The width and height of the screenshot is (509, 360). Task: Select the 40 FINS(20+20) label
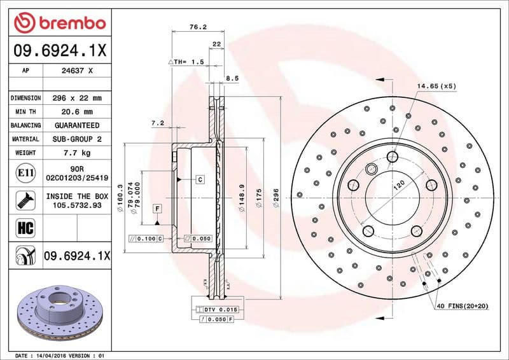point(462,307)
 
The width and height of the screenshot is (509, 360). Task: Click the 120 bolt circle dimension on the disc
point(398,186)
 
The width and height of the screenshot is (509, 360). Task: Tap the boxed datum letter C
point(200,180)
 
